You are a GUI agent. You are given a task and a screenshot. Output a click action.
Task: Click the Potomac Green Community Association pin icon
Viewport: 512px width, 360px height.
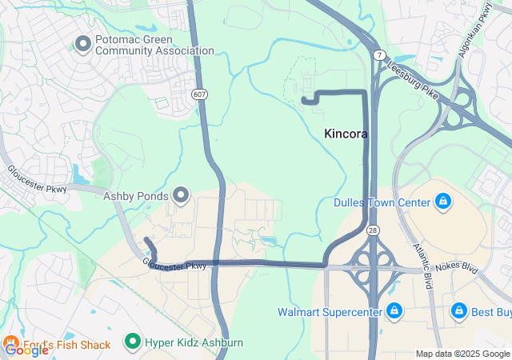pyautogui.click(x=82, y=42)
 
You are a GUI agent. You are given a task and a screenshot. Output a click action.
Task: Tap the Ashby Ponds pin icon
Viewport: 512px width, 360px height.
pyautogui.click(x=181, y=195)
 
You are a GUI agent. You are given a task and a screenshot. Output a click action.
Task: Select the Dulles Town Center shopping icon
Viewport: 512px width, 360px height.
pyautogui.click(x=442, y=202)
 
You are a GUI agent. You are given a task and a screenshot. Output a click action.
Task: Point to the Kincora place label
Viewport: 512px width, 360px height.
pyautogui.click(x=346, y=134)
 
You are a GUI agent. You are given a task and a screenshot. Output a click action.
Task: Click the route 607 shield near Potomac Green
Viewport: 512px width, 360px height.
pyautogui.click(x=198, y=94)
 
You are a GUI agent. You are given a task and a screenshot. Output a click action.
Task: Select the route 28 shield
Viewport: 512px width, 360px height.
pyautogui.click(x=373, y=229)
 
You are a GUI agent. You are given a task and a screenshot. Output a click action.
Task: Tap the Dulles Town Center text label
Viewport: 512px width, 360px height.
pyautogui.click(x=382, y=202)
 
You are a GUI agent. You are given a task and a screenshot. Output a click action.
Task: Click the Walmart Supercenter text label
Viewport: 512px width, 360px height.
pyautogui.click(x=330, y=311)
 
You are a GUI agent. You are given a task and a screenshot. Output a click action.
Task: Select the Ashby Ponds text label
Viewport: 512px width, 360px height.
pyautogui.click(x=135, y=195)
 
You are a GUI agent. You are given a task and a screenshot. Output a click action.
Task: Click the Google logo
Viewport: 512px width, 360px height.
pyautogui.click(x=26, y=350)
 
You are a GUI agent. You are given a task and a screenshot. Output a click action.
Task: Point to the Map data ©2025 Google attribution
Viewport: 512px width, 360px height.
pyautogui.click(x=462, y=354)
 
